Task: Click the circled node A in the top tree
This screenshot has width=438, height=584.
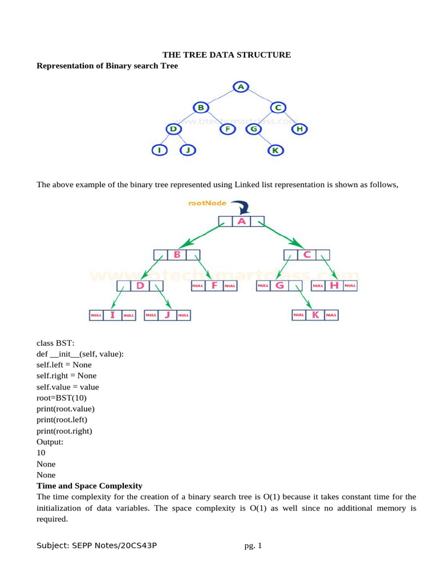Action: point(241,87)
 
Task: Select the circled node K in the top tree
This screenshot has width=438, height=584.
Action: point(275,151)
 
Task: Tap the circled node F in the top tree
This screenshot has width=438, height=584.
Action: point(228,129)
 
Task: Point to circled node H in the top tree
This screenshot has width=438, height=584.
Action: point(299,129)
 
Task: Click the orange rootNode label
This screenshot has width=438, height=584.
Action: point(208,203)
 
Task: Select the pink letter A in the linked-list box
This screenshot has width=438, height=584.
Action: point(241,221)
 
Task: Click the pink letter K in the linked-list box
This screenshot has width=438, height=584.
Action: point(315,314)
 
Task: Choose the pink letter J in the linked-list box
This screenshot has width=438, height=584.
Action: point(168,314)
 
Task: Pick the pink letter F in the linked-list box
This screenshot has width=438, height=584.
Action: point(214,285)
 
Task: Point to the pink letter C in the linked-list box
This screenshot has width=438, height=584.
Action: point(307,255)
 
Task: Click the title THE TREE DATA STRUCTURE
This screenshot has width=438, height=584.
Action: point(227,55)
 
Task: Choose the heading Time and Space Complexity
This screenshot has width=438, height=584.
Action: point(89,485)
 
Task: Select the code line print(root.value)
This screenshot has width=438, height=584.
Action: point(66,408)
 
